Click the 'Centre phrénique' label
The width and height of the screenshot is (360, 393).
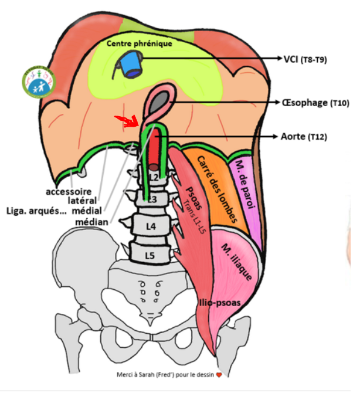(138, 43)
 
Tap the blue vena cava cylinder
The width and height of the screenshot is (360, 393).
(132, 66)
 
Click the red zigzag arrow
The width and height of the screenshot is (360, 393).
(128, 120)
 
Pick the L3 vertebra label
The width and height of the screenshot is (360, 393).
(152, 200)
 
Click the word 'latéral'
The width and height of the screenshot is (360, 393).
(82, 201)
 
